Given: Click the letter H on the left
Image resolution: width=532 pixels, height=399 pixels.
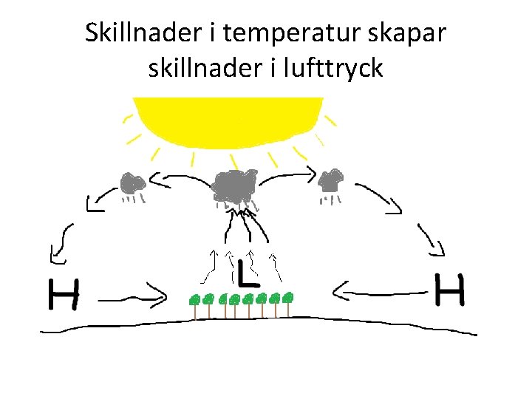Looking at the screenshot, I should click(64, 294).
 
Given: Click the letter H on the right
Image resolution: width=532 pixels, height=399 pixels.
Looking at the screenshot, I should click(449, 290).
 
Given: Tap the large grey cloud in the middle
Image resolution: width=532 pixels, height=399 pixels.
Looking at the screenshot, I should click(235, 185).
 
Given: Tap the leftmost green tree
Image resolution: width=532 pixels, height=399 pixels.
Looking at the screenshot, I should click(195, 301).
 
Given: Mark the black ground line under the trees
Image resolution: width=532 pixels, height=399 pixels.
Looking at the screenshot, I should click(259, 320).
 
